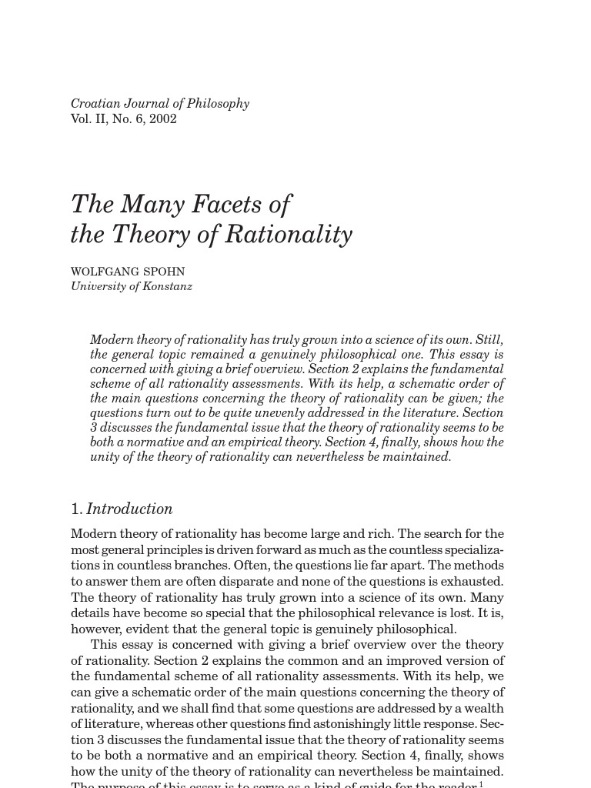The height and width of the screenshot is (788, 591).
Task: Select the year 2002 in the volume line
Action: [x=164, y=119]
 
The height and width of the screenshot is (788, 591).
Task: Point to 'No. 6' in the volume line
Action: [x=128, y=119]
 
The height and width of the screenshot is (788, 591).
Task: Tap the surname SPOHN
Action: [x=165, y=272]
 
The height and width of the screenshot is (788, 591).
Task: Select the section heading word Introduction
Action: [x=129, y=509]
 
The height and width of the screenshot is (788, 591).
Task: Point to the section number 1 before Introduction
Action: [x=75, y=509]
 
